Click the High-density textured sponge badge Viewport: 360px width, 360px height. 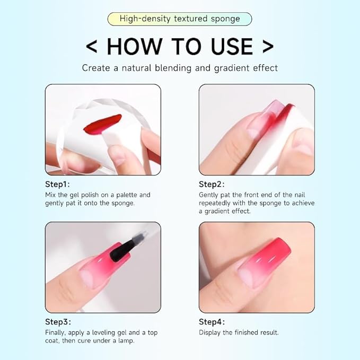pyautogui.click(x=180, y=19)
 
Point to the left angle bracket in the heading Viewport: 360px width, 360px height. pyautogui.click(x=91, y=47)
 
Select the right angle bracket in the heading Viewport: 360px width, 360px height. pyautogui.click(x=268, y=47)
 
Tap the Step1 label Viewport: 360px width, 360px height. pyautogui.click(x=57, y=184)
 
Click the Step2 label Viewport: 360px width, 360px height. pyautogui.click(x=212, y=184)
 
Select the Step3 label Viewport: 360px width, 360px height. pyautogui.click(x=58, y=322)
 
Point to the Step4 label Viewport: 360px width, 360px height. pyautogui.click(x=212, y=322)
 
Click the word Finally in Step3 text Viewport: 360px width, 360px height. pyautogui.click(x=55, y=332)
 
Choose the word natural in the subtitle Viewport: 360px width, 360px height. pyautogui.click(x=128, y=68)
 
